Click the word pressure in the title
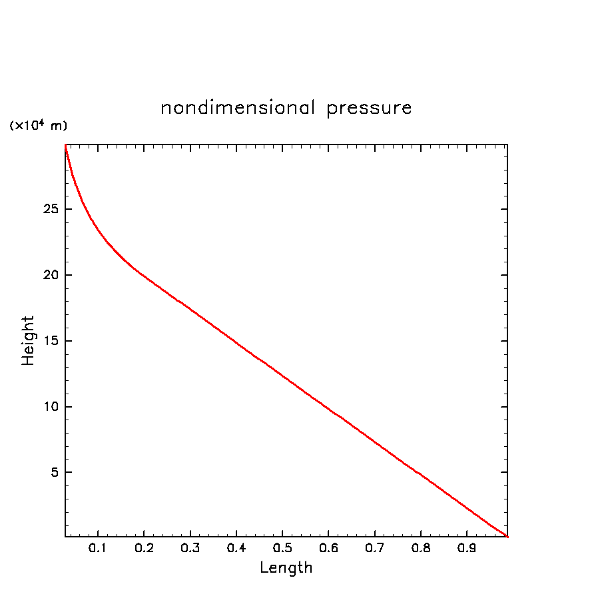[369, 109]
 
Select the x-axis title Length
[286, 568]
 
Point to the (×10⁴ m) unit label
[38, 125]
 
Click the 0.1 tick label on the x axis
[98, 549]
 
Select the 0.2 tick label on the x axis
[144, 549]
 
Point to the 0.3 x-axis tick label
[190, 549]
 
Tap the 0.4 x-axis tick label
[236, 549]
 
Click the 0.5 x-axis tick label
[282, 549]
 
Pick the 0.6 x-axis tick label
[328, 549]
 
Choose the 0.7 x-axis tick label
[374, 549]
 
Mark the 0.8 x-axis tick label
[420, 549]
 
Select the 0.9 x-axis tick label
[466, 549]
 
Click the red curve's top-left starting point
[65, 145]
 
